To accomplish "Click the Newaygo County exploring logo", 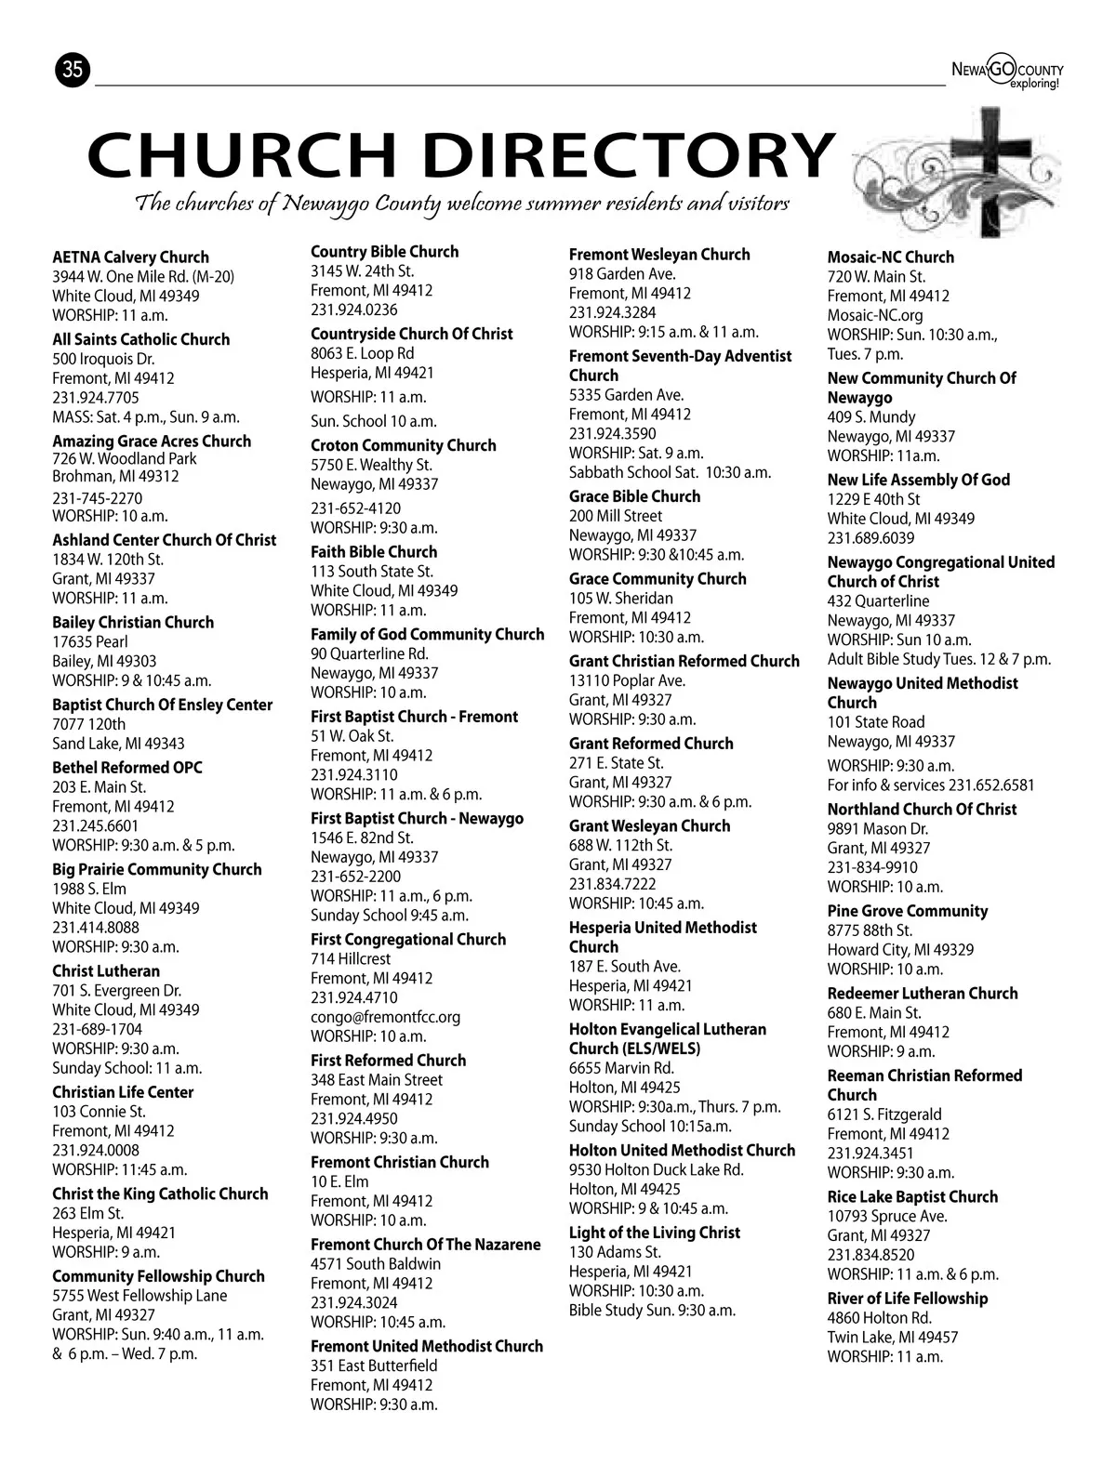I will (x=1007, y=72).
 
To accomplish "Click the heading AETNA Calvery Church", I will (x=130, y=257).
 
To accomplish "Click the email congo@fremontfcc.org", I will (x=385, y=1017).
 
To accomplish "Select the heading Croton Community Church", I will (x=403, y=445).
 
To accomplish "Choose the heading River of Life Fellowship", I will (x=907, y=1299).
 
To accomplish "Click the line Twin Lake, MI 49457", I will (x=892, y=1338).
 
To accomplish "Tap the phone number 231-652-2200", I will (x=355, y=877).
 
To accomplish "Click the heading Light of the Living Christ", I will (x=654, y=1233).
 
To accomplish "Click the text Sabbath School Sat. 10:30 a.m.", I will (x=670, y=472).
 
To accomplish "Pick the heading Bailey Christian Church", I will (x=133, y=623).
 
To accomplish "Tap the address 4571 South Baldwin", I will (x=376, y=1264).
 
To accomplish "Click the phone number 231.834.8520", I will (x=870, y=1255).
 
